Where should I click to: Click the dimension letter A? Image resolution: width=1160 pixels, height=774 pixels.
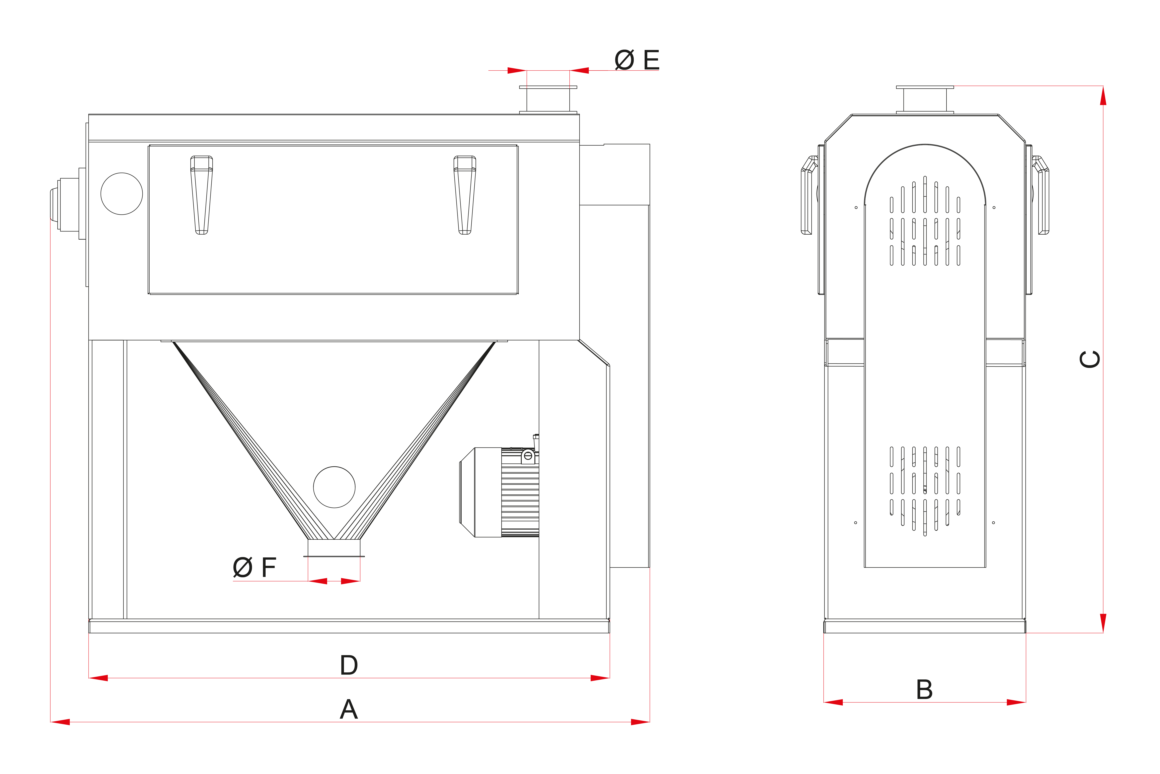(x=349, y=709)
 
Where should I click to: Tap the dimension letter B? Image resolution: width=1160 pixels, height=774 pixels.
(x=924, y=690)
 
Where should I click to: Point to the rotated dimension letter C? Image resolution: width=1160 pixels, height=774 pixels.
(x=1089, y=359)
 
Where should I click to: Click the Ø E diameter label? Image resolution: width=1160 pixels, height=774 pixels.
(x=637, y=60)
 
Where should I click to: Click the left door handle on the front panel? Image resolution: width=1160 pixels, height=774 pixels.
(x=202, y=195)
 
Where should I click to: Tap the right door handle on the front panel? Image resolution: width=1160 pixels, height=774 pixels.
(x=465, y=195)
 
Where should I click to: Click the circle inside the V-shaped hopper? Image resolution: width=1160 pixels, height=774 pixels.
(x=334, y=487)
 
